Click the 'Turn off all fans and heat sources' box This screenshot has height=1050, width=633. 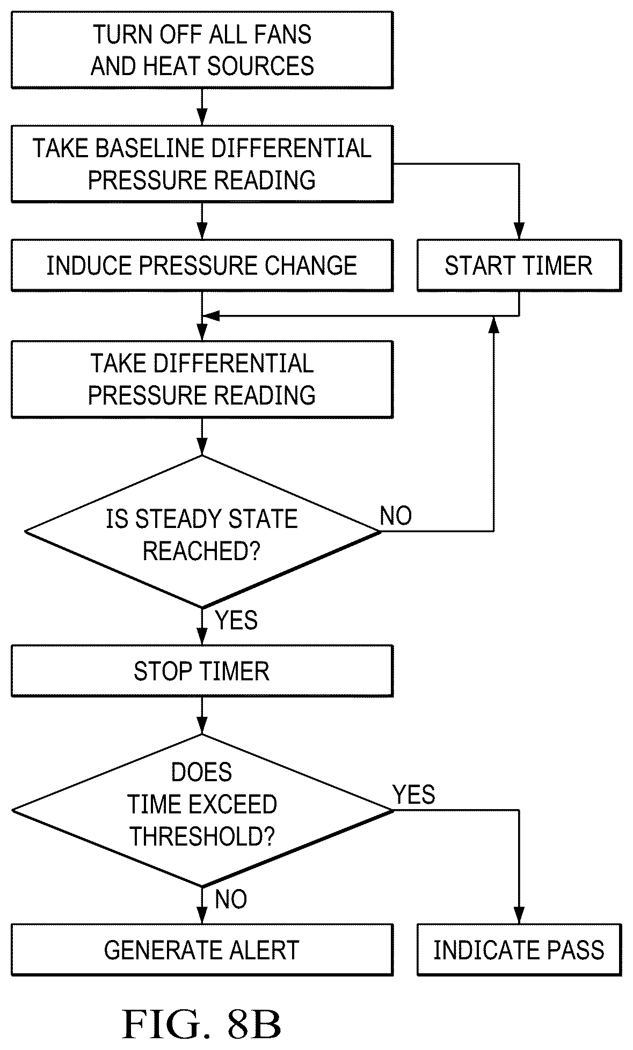(202, 50)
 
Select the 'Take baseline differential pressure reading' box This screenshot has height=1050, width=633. (202, 164)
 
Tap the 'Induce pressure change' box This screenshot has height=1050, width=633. (202, 266)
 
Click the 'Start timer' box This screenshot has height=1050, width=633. (519, 266)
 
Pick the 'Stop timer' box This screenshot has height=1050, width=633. (202, 671)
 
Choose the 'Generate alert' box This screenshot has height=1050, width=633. (202, 950)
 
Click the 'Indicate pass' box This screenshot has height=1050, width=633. (519, 950)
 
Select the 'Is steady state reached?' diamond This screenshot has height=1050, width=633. (202, 532)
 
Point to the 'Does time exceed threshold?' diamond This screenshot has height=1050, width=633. (202, 810)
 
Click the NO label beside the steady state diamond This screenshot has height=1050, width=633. (396, 516)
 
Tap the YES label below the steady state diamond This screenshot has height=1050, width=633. (236, 620)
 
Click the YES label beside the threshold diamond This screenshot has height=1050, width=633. (413, 794)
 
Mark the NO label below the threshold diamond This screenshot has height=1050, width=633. (231, 899)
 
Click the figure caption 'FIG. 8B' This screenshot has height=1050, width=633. (202, 1024)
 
